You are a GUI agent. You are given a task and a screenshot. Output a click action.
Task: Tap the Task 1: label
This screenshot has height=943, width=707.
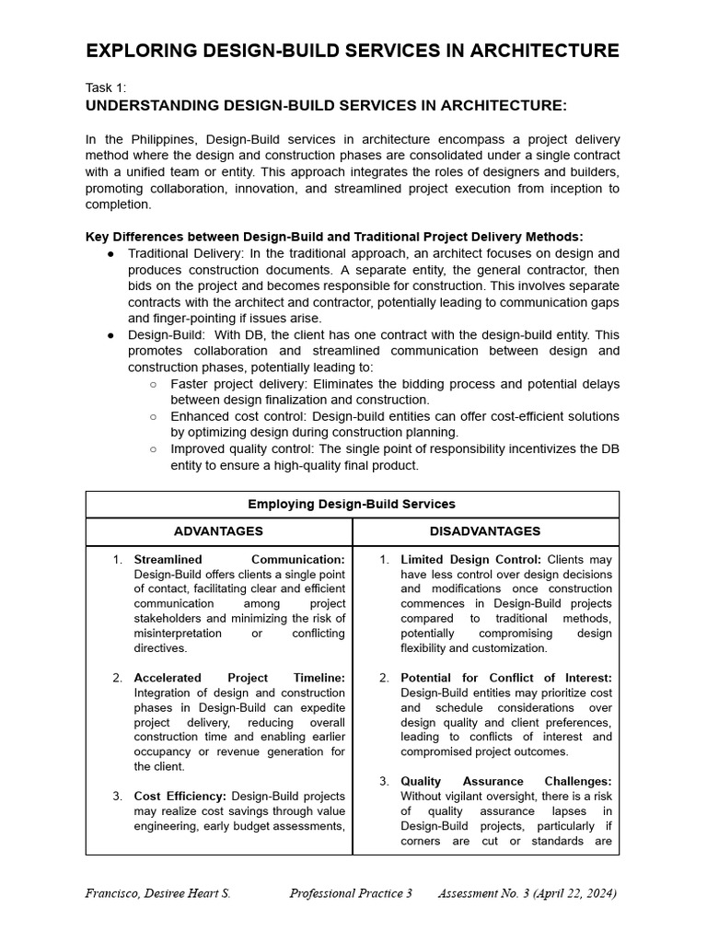pos(106,88)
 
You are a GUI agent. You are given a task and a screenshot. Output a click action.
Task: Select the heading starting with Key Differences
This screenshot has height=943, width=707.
pos(333,237)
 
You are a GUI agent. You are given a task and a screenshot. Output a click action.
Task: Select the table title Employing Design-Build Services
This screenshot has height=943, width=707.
pos(352,505)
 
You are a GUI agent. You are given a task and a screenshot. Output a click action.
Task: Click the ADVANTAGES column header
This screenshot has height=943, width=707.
pos(218,531)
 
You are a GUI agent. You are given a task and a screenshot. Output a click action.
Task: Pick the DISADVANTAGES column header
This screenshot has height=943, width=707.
pos(485,531)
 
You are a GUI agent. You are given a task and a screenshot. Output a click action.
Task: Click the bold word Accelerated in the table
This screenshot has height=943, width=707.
pos(168,678)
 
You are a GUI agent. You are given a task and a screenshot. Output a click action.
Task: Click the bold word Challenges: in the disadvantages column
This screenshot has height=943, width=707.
pos(576,781)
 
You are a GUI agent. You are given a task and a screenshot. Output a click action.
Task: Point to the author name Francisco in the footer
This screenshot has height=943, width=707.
pos(115,894)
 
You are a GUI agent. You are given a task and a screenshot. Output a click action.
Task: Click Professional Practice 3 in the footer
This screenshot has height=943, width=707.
pos(351,894)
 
